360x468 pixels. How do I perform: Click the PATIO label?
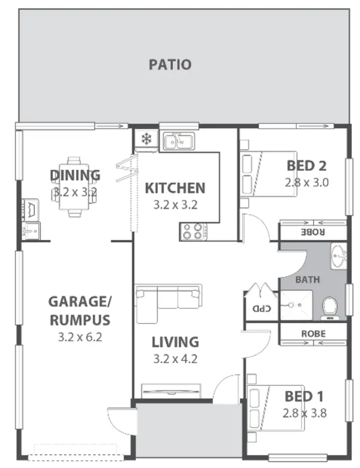pyautogui.click(x=170, y=64)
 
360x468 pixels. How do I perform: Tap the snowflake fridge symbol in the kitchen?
pyautogui.click(x=145, y=140)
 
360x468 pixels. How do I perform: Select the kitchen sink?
pyautogui.click(x=178, y=142)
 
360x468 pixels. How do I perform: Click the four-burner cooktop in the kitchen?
pyautogui.click(x=193, y=232)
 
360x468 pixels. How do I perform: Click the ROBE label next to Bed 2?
pyautogui.click(x=313, y=231)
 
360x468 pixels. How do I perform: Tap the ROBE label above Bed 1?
pyautogui.click(x=313, y=333)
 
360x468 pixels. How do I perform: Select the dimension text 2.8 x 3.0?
pyautogui.click(x=307, y=183)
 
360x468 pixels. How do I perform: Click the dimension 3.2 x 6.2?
pyautogui.click(x=80, y=337)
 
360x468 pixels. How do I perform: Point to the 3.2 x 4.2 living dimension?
pyautogui.click(x=175, y=358)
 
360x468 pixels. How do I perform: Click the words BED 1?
pyautogui.click(x=303, y=396)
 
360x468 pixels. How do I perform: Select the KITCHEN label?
pyautogui.click(x=175, y=188)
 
